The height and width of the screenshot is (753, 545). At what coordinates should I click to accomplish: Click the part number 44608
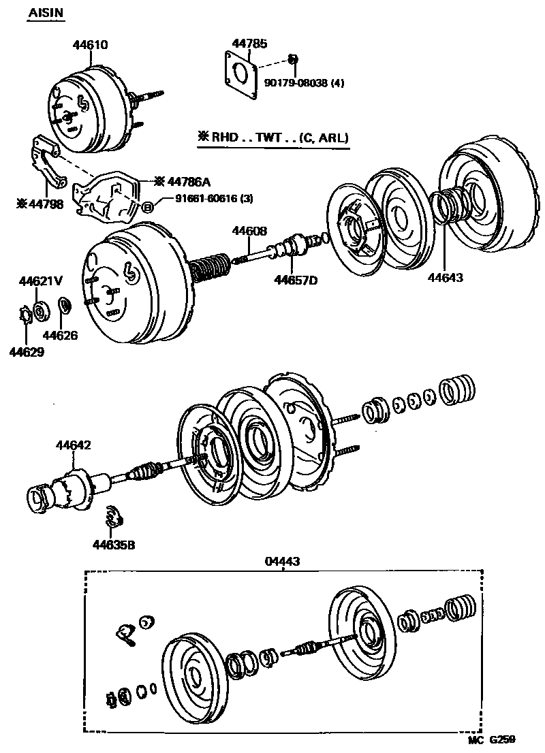(249, 231)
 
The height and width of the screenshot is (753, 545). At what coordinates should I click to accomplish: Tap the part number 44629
(27, 351)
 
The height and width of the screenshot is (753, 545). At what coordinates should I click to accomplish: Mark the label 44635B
(114, 544)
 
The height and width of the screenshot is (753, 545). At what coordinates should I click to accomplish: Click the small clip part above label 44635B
(115, 517)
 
